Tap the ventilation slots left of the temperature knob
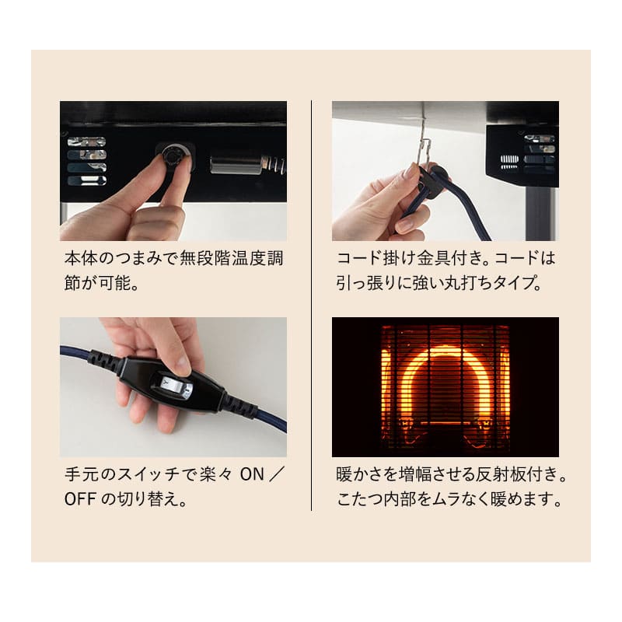pos(86,161)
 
